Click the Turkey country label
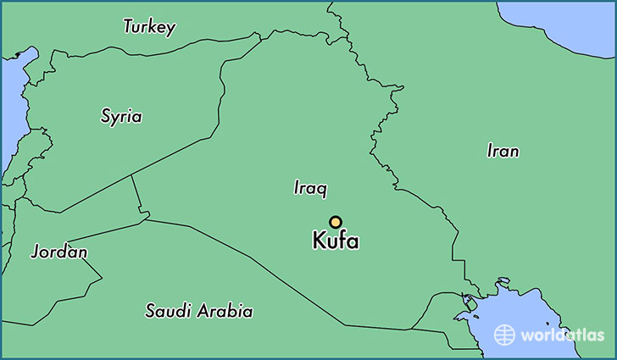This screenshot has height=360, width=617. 149,27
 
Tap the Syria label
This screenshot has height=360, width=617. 121,117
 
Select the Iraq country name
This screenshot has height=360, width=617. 310,188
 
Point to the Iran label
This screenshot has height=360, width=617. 503,152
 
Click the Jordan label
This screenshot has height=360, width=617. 58,252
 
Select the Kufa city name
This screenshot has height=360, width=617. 336,241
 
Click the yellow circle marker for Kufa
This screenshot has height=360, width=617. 336,222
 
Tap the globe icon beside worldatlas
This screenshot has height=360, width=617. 505,334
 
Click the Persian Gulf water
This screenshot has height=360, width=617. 517,313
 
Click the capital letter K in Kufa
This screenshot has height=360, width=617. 320,241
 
